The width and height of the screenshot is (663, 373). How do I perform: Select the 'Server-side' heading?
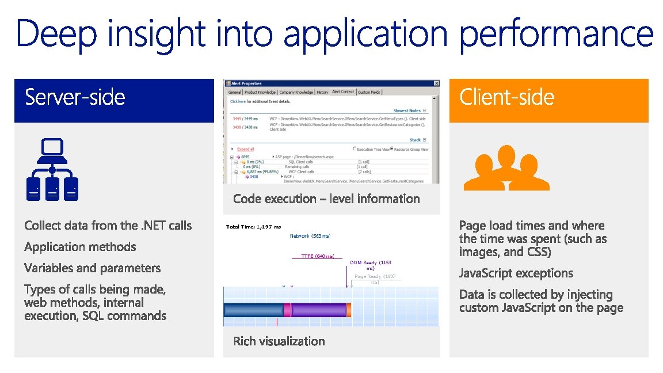(75, 97)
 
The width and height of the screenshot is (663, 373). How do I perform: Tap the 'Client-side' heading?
(506, 97)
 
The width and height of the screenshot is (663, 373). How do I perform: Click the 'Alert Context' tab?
(343, 92)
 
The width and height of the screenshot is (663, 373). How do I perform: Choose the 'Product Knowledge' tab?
(260, 92)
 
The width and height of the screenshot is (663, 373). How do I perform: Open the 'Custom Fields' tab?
(369, 92)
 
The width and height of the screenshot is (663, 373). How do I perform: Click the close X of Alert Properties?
(436, 83)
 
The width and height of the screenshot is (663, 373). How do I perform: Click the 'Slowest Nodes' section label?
(406, 111)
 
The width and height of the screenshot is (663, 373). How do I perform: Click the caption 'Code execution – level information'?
(326, 199)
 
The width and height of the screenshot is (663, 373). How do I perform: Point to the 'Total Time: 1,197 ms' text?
(253, 227)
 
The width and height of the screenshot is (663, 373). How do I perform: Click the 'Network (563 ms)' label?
(310, 236)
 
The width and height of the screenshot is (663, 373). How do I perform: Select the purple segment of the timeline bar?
(319, 310)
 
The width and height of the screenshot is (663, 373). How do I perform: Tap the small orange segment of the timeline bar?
(349, 310)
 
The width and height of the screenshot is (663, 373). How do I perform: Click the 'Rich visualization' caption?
(279, 341)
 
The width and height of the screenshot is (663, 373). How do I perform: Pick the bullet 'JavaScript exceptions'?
(516, 273)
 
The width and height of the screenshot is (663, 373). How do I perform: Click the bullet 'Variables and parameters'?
(92, 268)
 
